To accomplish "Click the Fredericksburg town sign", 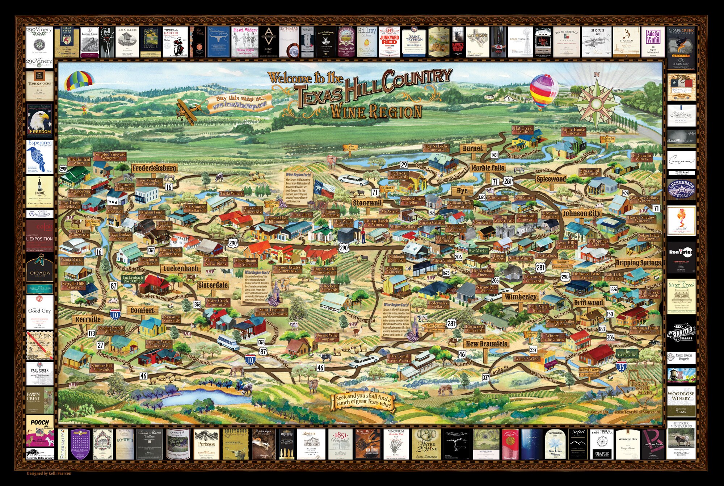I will click(x=154, y=168).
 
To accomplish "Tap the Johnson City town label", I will click(x=582, y=214).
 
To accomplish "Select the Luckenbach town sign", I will click(x=181, y=269).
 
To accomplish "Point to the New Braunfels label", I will click(x=487, y=344).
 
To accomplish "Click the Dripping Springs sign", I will click(x=638, y=263).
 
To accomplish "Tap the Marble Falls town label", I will click(x=488, y=168).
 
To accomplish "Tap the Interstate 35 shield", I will click(x=621, y=366).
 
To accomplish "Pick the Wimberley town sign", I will click(x=521, y=297).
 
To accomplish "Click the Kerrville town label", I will click(x=88, y=319).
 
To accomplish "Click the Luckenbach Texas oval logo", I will click(x=681, y=189).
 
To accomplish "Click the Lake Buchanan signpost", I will click(x=350, y=148).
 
